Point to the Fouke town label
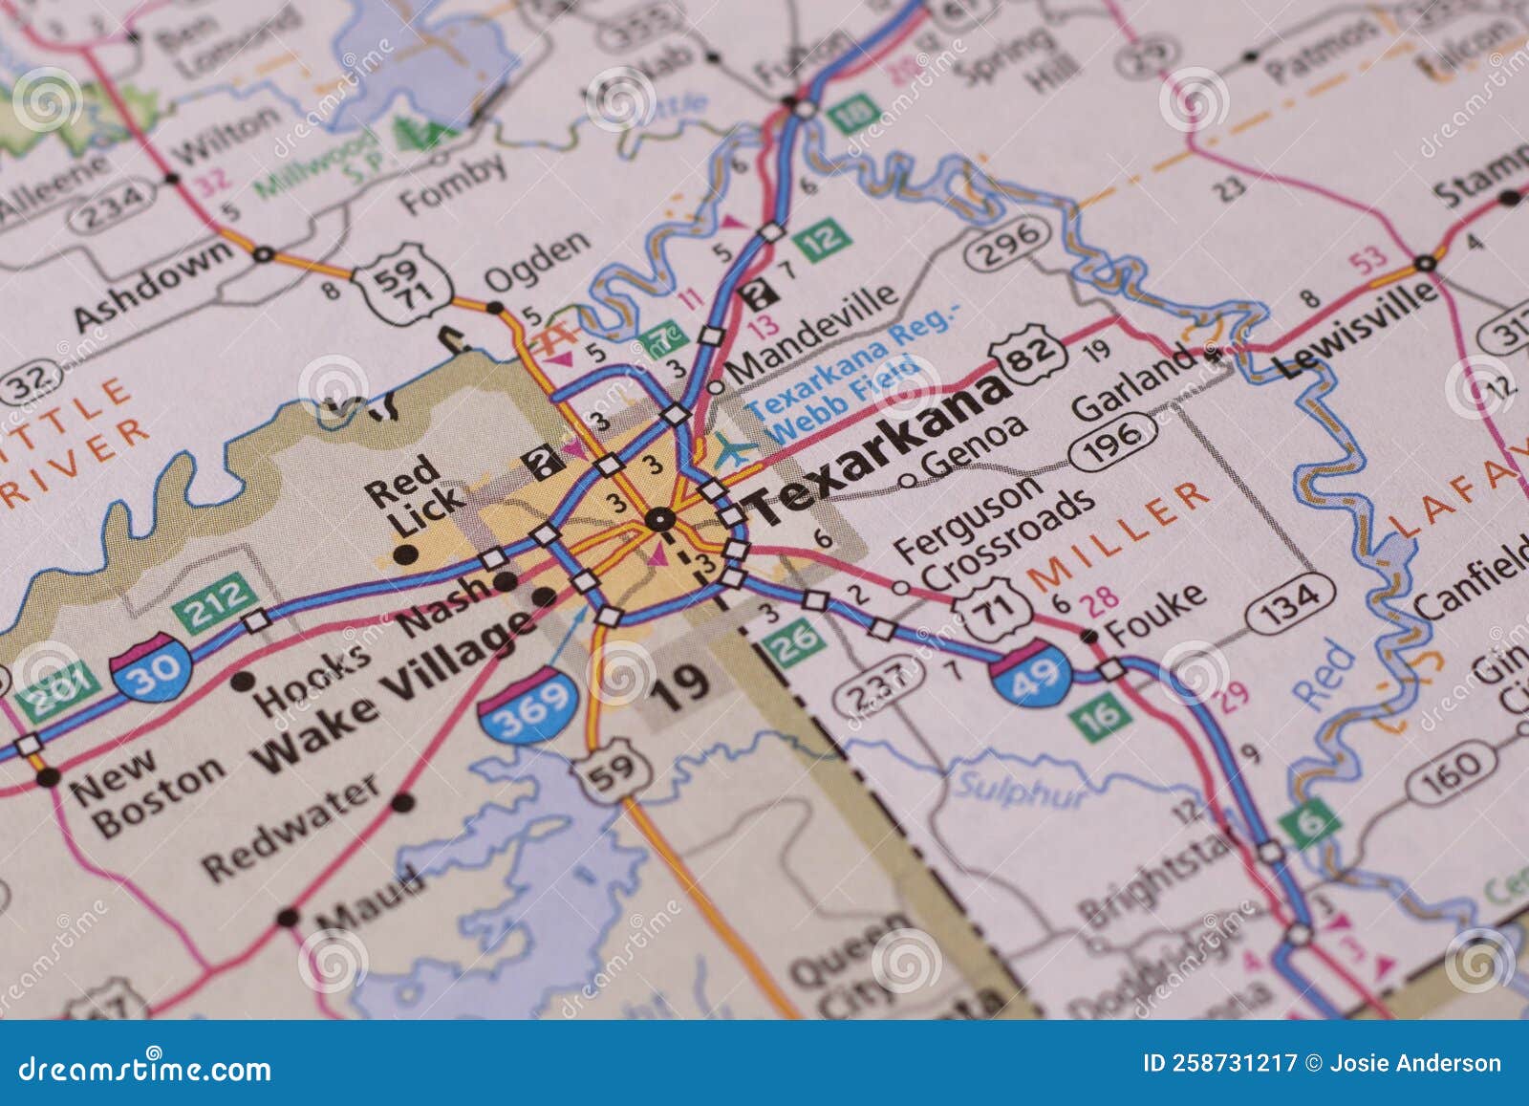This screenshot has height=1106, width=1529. click(x=1153, y=613)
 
